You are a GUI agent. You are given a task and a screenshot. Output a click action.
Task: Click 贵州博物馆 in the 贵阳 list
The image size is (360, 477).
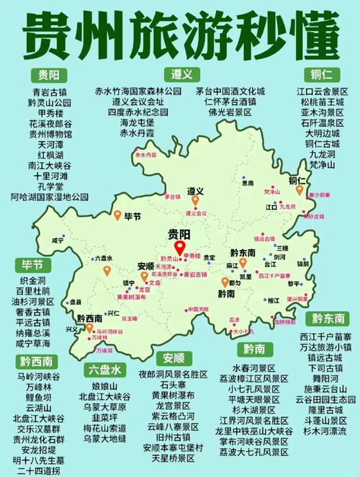click(50, 134)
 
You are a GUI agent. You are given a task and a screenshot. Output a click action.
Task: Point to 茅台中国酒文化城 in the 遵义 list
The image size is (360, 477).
click(230, 92)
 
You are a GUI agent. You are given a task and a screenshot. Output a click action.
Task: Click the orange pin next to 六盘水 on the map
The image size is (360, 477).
click(107, 270)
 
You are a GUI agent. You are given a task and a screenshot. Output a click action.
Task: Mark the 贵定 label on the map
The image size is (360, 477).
click(208, 257)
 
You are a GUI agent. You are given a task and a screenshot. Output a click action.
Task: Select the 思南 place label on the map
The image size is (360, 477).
click(247, 183)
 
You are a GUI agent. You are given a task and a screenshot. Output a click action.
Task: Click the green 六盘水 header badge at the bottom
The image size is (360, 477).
click(105, 370)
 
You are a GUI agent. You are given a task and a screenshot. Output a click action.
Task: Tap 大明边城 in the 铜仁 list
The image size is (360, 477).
click(322, 133)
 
